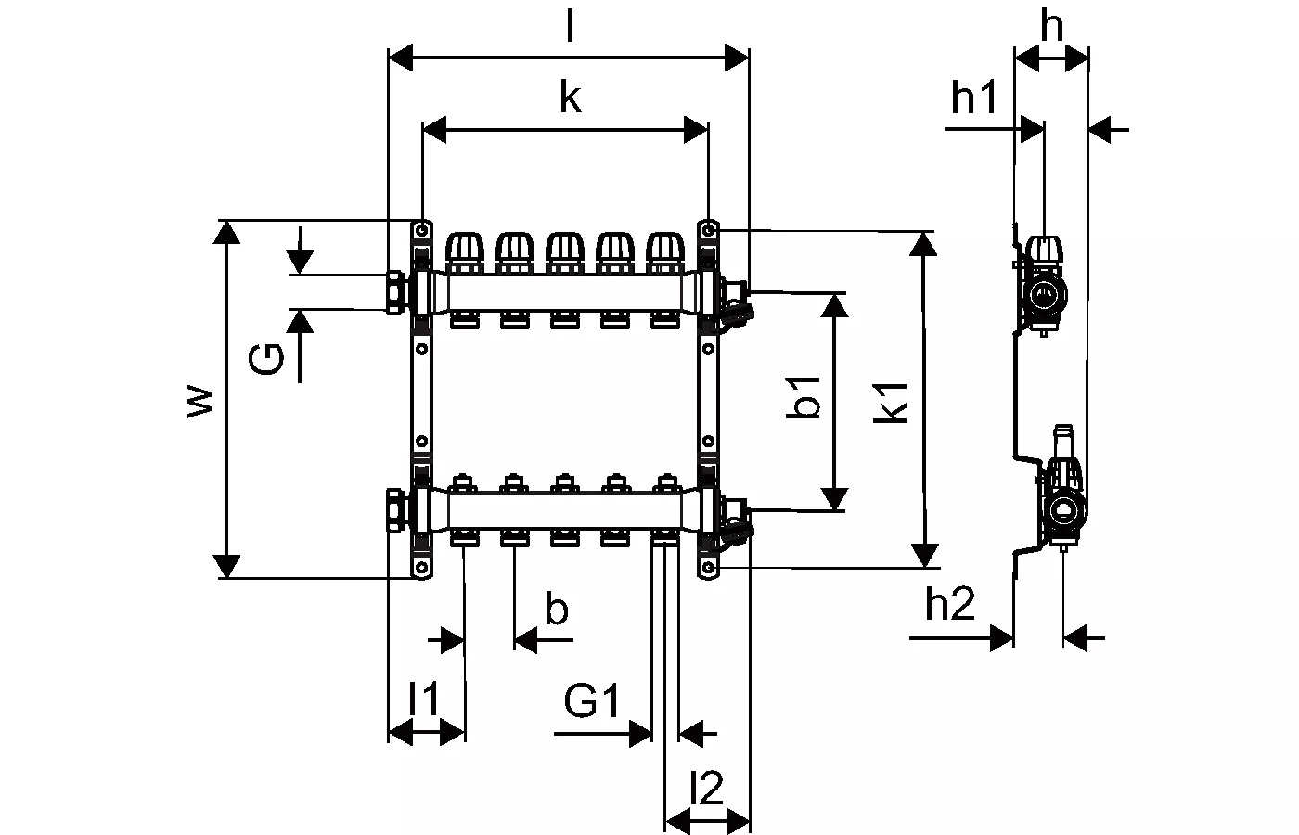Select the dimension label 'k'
[x=570, y=96]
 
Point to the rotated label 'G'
[x=266, y=358]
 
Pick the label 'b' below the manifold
[x=556, y=610]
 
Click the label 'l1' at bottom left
[x=424, y=699]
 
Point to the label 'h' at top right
[x=1051, y=28]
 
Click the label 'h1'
[x=974, y=96]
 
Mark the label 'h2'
[x=950, y=605]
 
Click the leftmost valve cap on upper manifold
[x=465, y=249]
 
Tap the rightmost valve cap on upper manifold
[x=664, y=249]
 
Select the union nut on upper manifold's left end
[x=396, y=291]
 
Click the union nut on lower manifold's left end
[x=396, y=508]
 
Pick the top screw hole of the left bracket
[x=422, y=229]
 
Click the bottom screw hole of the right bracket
[x=709, y=567]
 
